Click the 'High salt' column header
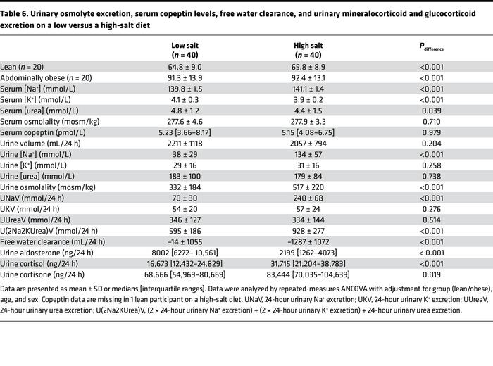click(x=308, y=46)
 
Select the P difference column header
click(x=432, y=47)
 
